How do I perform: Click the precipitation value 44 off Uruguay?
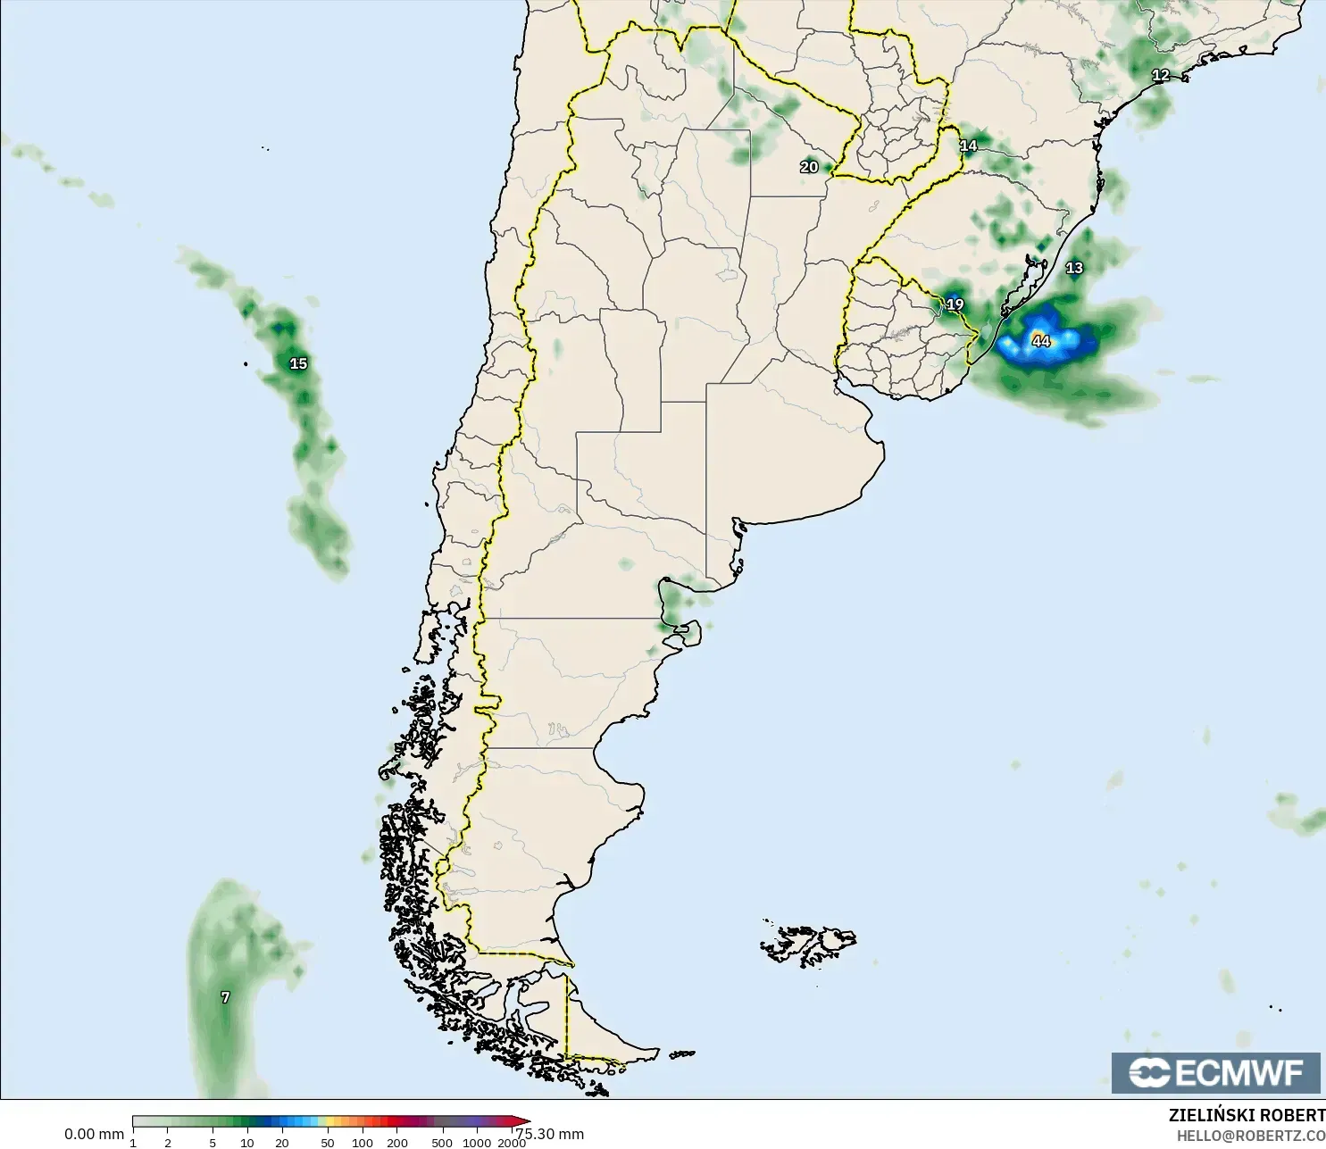(x=1041, y=341)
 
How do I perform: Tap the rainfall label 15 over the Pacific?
(x=298, y=363)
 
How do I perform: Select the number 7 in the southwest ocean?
(x=225, y=997)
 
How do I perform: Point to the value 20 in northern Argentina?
(x=809, y=167)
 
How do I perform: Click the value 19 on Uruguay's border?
(x=955, y=304)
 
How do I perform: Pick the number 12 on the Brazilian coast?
(x=1161, y=76)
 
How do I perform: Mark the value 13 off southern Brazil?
(x=1074, y=268)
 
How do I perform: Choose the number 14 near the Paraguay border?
(x=968, y=146)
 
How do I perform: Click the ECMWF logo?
(x=1215, y=1072)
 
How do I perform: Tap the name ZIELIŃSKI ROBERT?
(x=1247, y=1115)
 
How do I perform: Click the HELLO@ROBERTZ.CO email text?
(x=1250, y=1136)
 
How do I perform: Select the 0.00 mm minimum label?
(x=94, y=1134)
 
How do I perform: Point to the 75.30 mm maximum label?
(x=550, y=1134)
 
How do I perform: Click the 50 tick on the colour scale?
(x=328, y=1143)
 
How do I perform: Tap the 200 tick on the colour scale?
(x=397, y=1143)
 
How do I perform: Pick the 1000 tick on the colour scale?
(x=477, y=1143)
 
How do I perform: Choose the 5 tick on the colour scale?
(x=213, y=1143)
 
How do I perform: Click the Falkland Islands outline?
(x=808, y=945)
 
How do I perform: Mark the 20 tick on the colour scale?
(x=282, y=1143)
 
